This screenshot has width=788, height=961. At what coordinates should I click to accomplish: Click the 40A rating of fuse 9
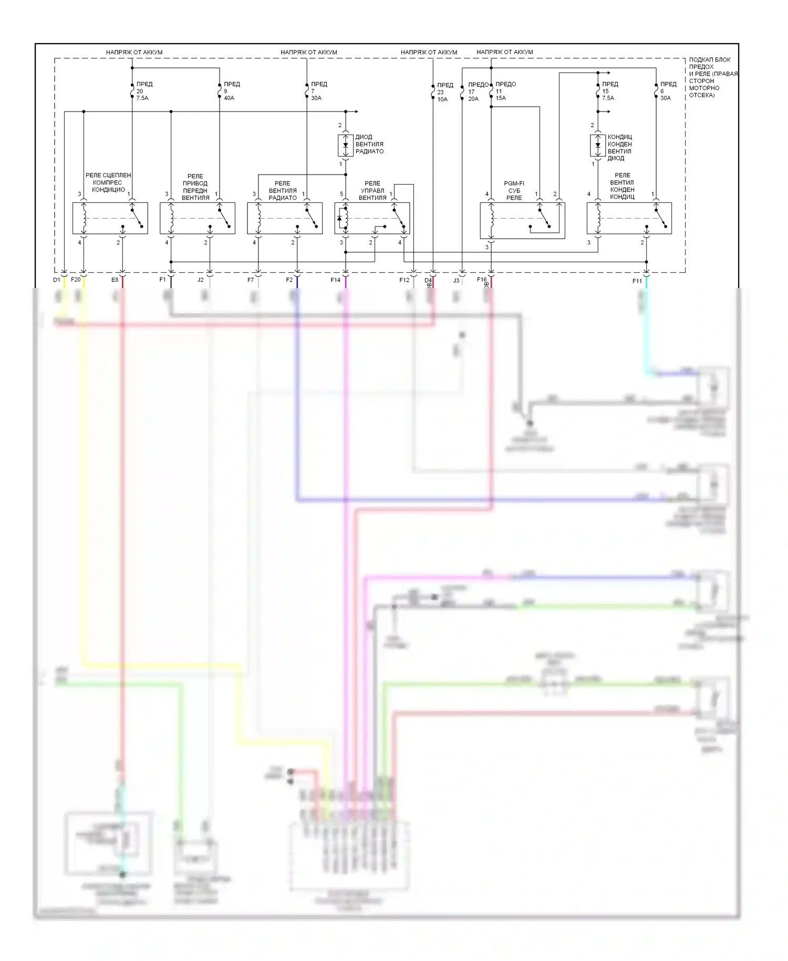(x=229, y=98)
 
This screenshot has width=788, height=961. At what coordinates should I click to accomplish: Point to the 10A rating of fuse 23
(x=442, y=99)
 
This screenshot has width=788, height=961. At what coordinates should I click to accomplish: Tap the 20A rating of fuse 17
(x=473, y=99)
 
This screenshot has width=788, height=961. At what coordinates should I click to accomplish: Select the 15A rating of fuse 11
(x=501, y=98)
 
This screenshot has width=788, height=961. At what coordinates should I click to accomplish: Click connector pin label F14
(x=335, y=280)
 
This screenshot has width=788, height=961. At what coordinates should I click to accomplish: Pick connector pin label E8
(x=115, y=280)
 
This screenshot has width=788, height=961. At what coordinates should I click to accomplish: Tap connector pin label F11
(x=637, y=281)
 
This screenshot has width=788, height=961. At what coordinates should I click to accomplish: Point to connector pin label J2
(x=200, y=280)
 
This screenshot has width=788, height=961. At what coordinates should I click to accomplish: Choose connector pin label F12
(x=404, y=280)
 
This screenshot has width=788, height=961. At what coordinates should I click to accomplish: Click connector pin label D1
(x=56, y=280)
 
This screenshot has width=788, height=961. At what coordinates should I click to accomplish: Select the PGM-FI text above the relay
(x=514, y=183)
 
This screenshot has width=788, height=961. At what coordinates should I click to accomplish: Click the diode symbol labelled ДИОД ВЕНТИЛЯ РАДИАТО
(x=346, y=145)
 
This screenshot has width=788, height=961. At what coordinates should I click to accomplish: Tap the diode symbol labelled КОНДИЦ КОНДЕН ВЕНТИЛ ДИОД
(x=597, y=145)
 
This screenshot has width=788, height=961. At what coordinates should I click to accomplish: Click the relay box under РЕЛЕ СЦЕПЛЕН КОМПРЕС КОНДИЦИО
(x=110, y=218)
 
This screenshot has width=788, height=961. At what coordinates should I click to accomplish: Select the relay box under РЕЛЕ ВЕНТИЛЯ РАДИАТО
(x=285, y=218)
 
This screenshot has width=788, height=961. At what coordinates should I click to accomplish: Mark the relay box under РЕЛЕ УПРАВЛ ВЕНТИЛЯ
(x=372, y=218)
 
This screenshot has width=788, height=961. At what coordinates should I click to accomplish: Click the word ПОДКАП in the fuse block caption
(x=700, y=60)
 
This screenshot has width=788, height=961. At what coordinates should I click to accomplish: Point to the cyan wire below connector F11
(x=646, y=326)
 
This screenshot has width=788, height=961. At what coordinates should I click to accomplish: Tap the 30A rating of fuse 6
(x=665, y=98)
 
